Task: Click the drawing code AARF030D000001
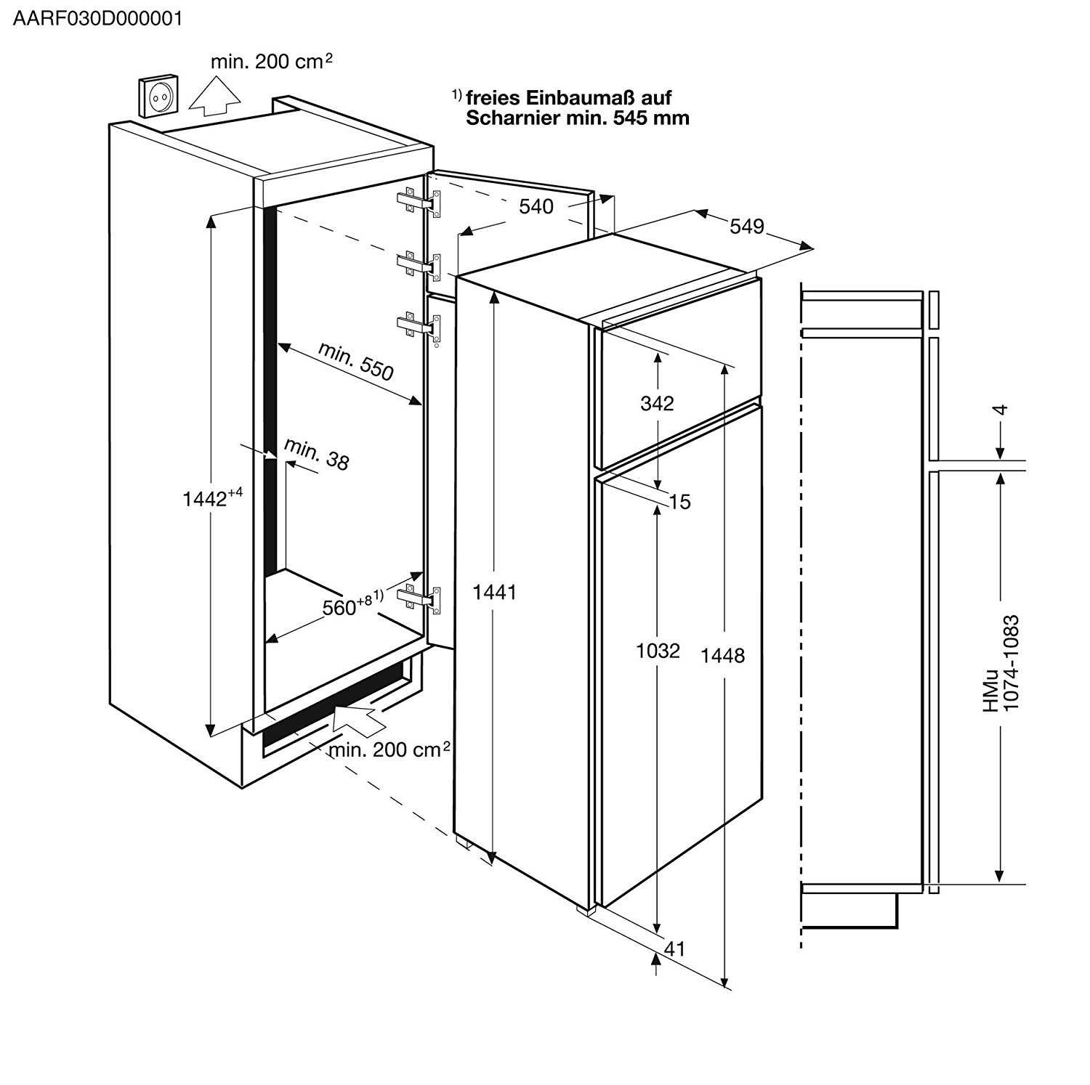[97, 19]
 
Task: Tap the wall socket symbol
[158, 96]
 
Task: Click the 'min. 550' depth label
[356, 361]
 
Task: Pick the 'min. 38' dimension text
[317, 454]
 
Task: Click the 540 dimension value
[536, 207]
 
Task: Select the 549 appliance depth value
[747, 227]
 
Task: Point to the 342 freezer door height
[657, 403]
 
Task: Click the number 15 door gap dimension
[679, 502]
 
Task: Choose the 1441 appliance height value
[494, 593]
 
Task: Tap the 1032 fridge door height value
[658, 651]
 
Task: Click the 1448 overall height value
[722, 656]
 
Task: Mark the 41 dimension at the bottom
[675, 948]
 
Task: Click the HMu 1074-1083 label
[1001, 663]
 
